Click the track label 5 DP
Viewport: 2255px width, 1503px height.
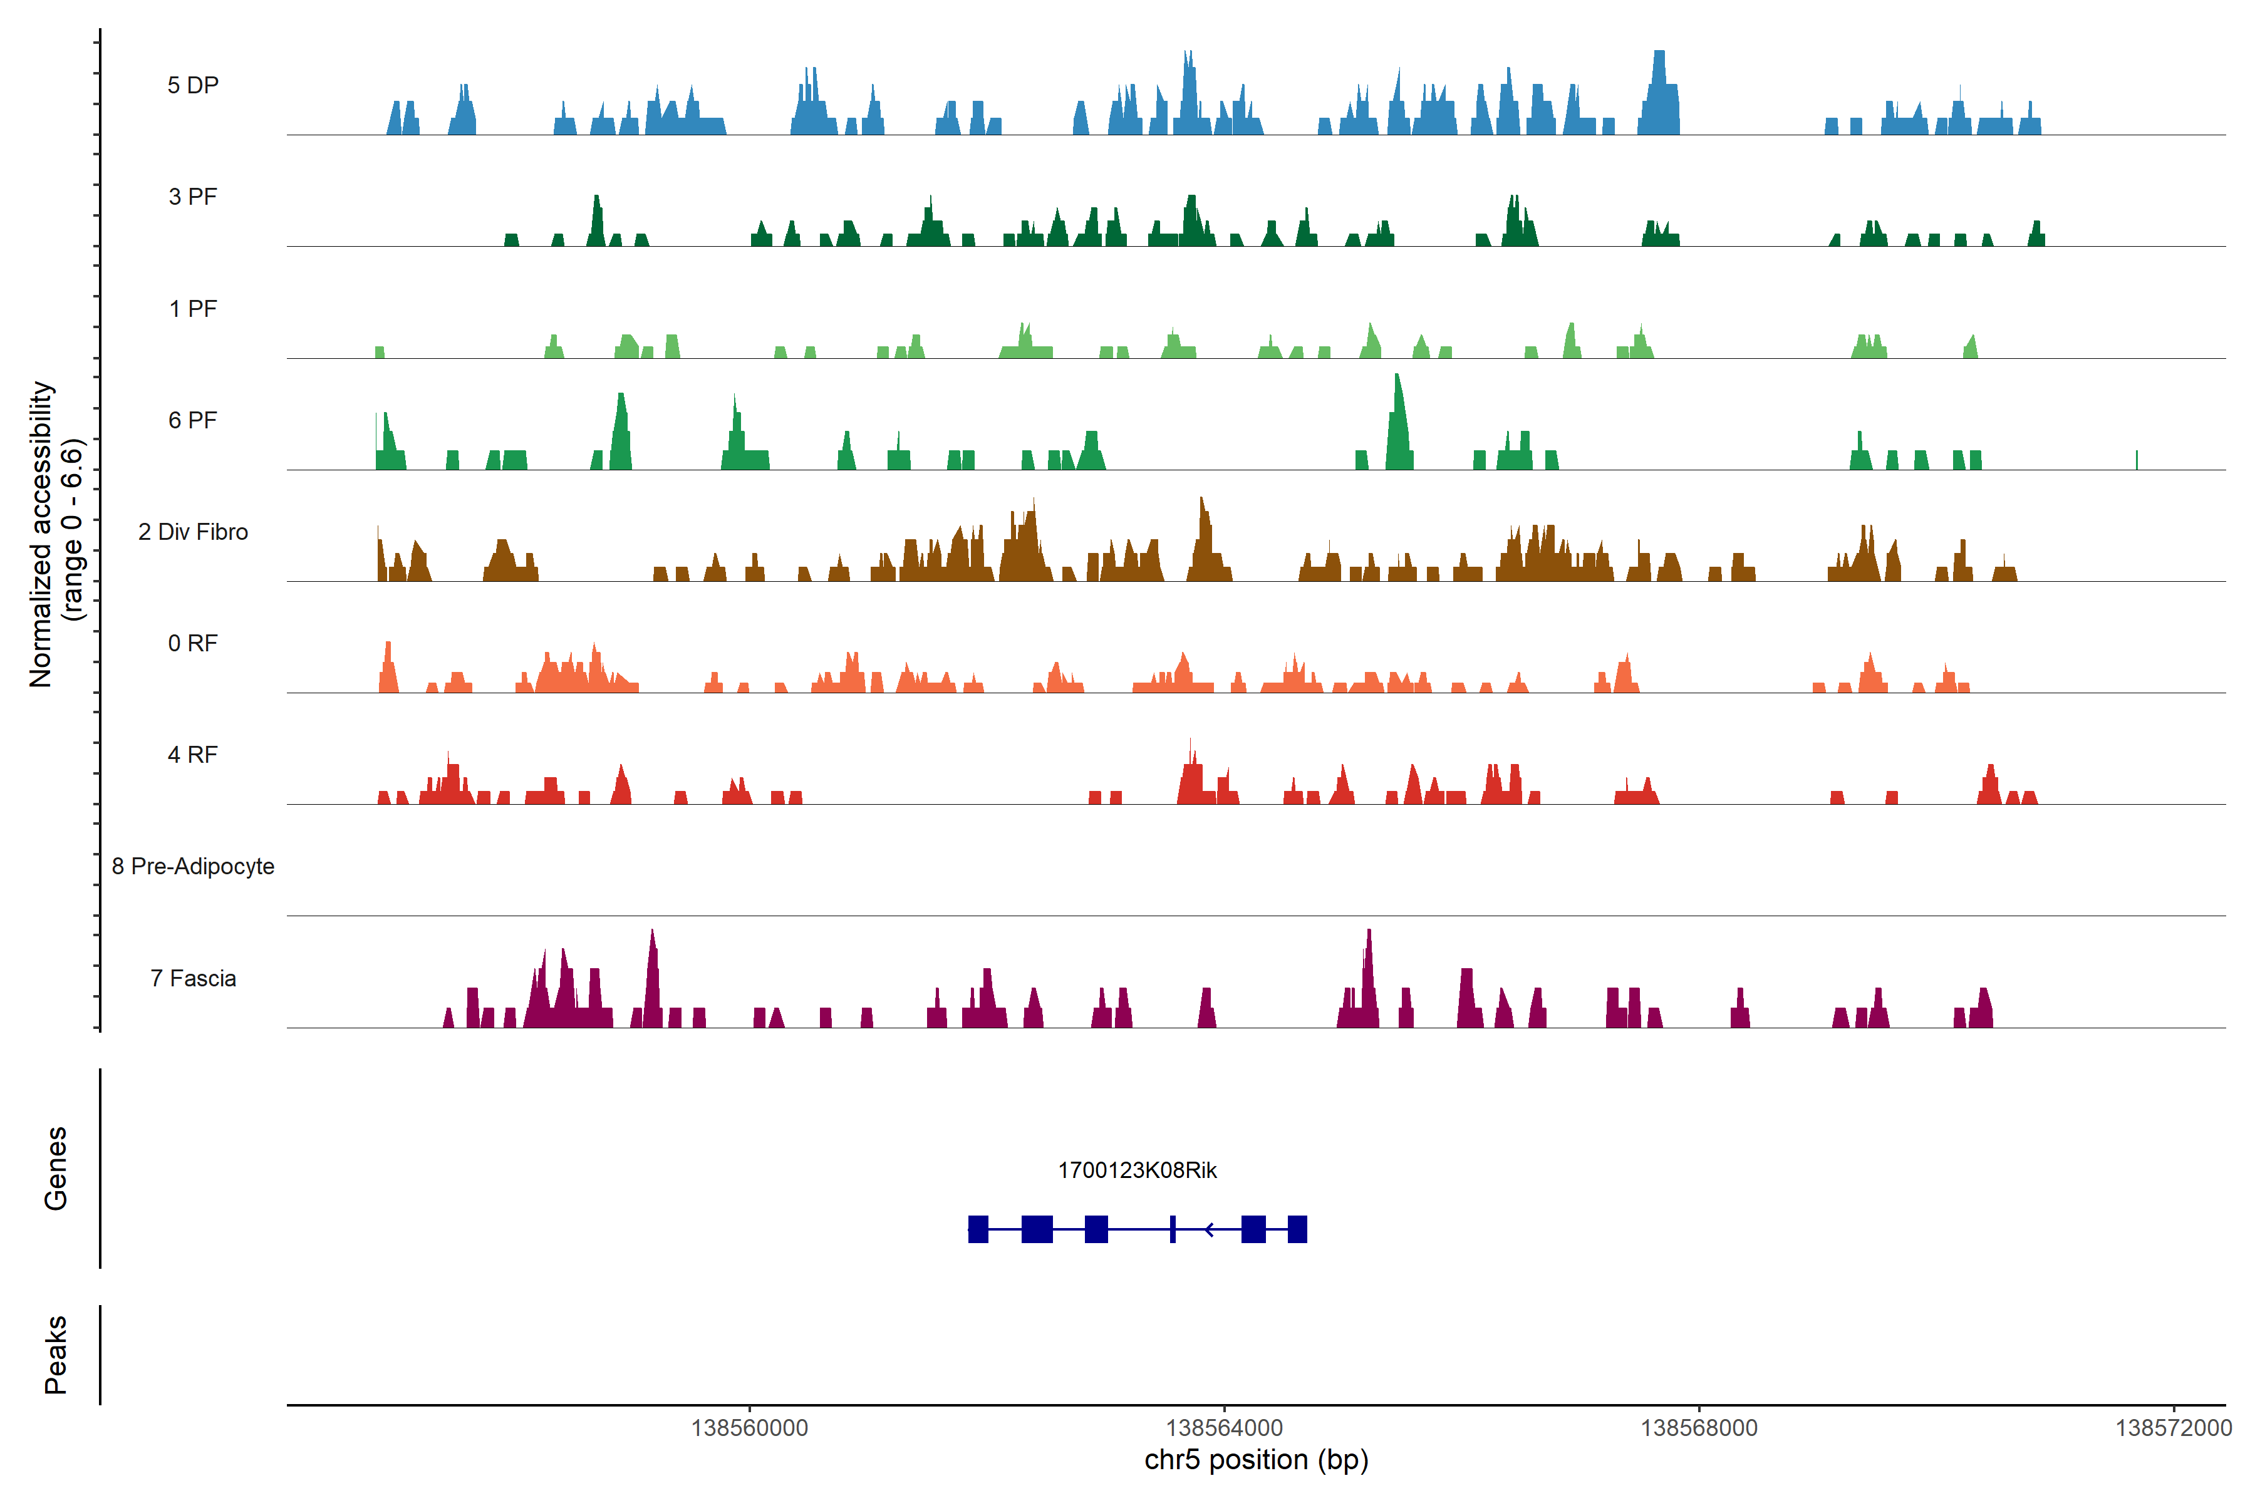193,85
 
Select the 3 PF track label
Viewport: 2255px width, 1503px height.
193,197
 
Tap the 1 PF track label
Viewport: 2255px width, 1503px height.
193,309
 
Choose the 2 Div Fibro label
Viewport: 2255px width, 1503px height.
193,532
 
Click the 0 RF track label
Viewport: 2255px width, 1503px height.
193,643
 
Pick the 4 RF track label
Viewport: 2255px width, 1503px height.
193,755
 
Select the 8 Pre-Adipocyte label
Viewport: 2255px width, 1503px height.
193,867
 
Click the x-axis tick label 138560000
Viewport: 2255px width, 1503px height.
750,1428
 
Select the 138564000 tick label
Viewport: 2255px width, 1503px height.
1225,1428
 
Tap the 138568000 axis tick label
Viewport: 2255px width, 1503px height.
1699,1428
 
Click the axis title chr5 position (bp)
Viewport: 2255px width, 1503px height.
1256,1460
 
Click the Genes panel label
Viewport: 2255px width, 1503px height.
56,1169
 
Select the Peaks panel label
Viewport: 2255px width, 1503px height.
56,1355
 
